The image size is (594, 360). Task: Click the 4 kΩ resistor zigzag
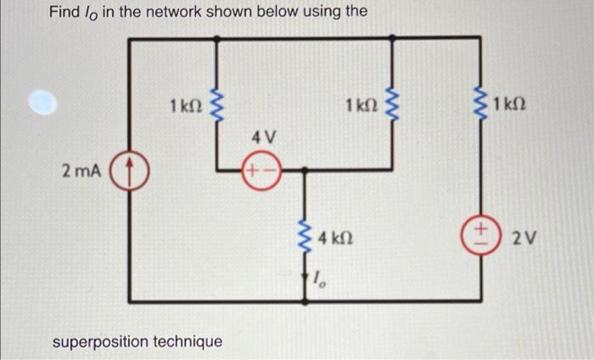[x=305, y=238]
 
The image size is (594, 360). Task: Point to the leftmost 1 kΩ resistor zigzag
[x=216, y=105]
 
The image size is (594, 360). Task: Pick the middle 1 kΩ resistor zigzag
[x=392, y=105]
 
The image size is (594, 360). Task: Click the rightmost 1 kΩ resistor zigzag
[x=481, y=105]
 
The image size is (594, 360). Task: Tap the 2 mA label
[x=81, y=172]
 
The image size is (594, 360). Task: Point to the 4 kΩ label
[x=336, y=238]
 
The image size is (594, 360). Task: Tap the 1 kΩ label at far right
[x=509, y=104]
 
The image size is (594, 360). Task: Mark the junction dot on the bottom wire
[x=305, y=301]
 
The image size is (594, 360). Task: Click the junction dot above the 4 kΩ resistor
[x=304, y=171]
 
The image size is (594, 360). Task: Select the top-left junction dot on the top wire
[x=216, y=39]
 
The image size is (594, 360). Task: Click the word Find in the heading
[x=64, y=12]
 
